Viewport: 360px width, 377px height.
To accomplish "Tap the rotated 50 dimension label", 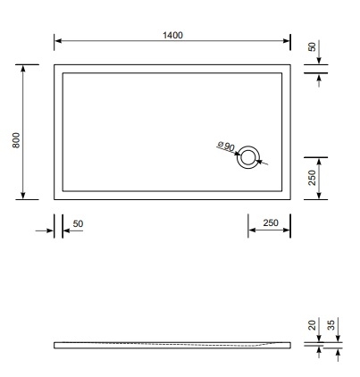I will click(x=312, y=46).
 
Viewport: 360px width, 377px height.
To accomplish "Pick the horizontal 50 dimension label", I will click(x=78, y=223).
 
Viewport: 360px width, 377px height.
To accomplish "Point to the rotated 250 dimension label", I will click(x=312, y=178).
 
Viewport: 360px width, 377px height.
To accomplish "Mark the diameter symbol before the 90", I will click(x=219, y=143).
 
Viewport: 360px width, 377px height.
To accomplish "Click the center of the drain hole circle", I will click(x=248, y=158).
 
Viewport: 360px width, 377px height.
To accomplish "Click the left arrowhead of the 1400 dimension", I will click(x=57, y=41).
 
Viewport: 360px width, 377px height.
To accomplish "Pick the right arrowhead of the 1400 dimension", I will click(x=287, y=41).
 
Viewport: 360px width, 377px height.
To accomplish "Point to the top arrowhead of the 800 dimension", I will click(x=23, y=67).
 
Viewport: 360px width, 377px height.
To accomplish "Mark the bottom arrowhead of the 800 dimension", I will click(x=23, y=196).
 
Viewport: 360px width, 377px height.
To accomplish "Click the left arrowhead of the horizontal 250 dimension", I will click(x=251, y=230).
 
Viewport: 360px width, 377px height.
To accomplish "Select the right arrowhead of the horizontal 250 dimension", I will click(x=287, y=230).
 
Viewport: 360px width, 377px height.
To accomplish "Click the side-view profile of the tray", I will click(x=170, y=345).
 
